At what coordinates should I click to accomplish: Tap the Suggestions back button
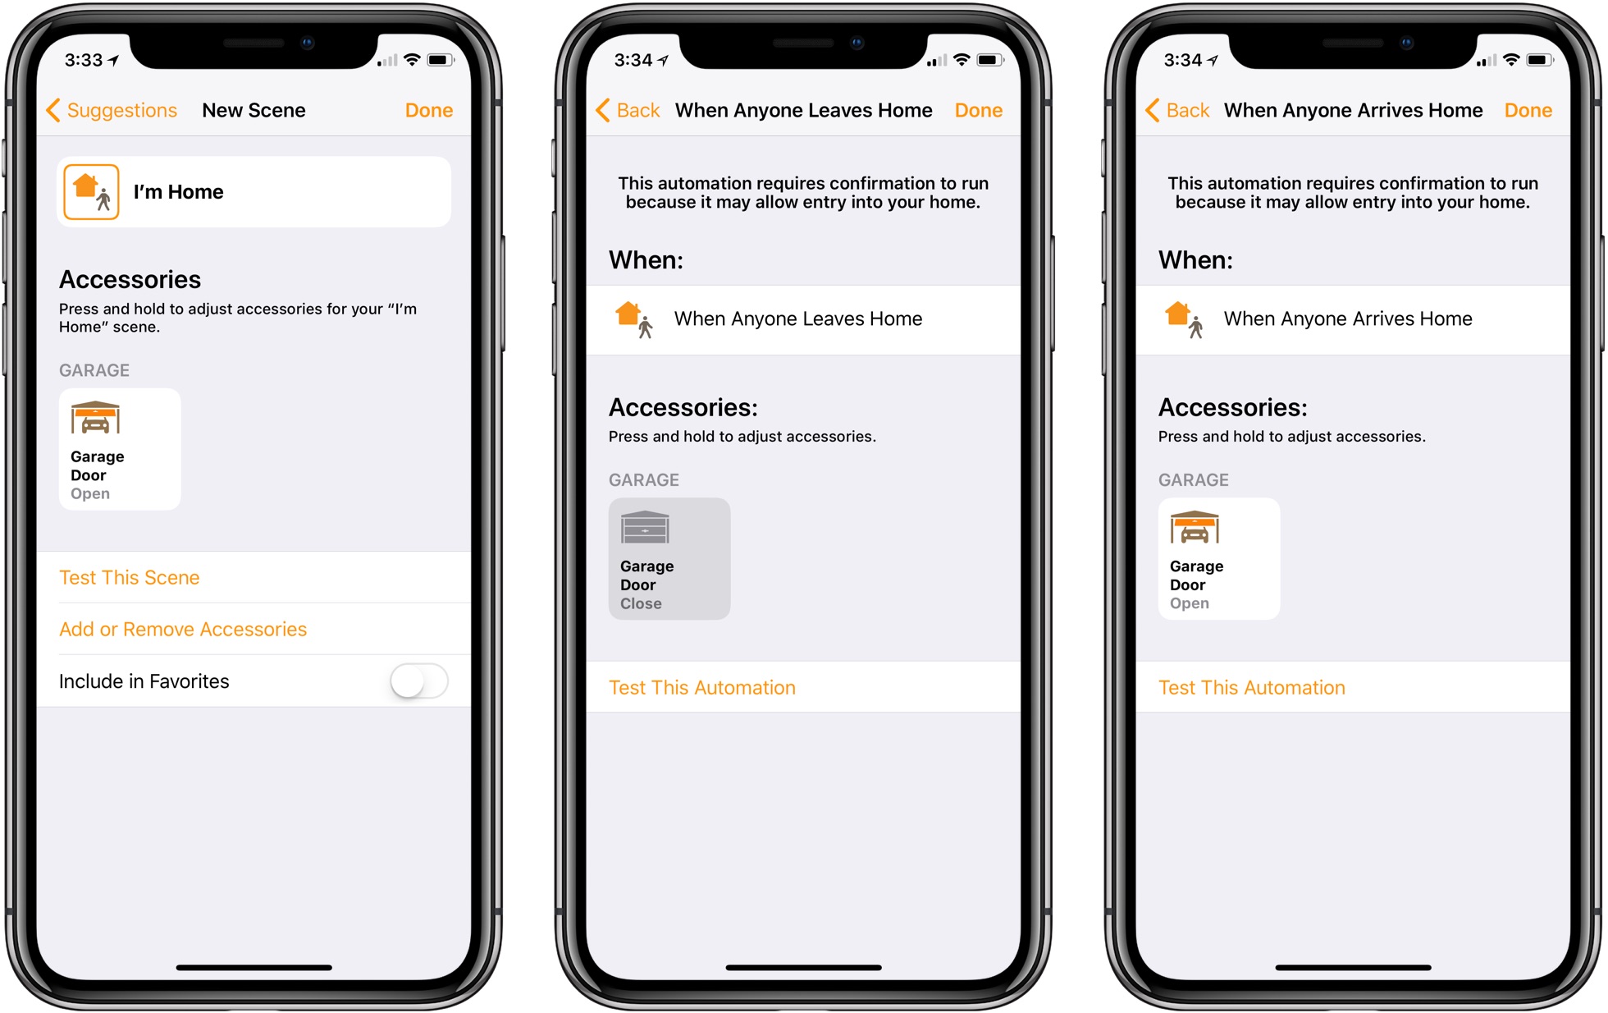coord(112,110)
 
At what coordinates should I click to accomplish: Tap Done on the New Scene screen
coord(428,110)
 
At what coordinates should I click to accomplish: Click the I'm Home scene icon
coord(91,192)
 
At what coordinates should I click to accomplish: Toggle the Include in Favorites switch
coord(418,681)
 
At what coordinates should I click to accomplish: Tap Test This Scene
coord(130,577)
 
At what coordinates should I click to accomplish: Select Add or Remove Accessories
coord(183,629)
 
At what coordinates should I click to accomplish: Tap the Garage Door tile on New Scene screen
coord(120,449)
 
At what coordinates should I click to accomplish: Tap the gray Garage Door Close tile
coord(669,558)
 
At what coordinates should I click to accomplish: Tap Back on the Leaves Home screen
coord(628,110)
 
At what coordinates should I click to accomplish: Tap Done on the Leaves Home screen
coord(978,110)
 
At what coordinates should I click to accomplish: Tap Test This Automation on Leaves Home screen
coord(701,687)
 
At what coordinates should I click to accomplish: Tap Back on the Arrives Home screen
coord(1177,110)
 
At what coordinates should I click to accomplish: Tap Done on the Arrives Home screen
coord(1528,110)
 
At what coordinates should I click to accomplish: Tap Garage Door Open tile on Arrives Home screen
coord(1218,558)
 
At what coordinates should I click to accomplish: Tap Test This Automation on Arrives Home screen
coord(1251,687)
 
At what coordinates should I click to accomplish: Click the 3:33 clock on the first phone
coord(84,60)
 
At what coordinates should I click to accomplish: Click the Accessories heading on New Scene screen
coord(130,280)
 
